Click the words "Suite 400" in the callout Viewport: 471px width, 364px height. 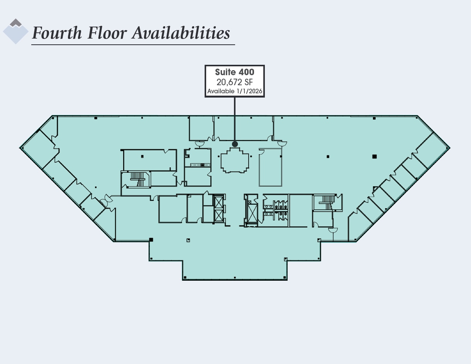234,72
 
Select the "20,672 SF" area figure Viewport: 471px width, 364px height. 234,82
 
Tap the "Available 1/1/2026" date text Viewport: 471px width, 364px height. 235,91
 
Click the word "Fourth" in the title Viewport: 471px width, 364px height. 57,33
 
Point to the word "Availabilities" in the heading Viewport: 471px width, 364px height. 181,33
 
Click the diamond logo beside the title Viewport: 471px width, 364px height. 16,32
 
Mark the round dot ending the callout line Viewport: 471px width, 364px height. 235,144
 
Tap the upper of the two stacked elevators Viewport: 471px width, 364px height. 218,202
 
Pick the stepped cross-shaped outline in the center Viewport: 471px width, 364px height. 234,161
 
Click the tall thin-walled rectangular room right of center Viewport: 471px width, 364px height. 270,168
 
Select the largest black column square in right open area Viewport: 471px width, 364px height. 374,156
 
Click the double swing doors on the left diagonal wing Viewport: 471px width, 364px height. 106,199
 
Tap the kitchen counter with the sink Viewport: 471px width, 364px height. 198,165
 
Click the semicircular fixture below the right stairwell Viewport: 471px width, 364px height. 333,231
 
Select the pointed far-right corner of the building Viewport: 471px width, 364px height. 449,148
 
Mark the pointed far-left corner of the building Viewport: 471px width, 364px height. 20,148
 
